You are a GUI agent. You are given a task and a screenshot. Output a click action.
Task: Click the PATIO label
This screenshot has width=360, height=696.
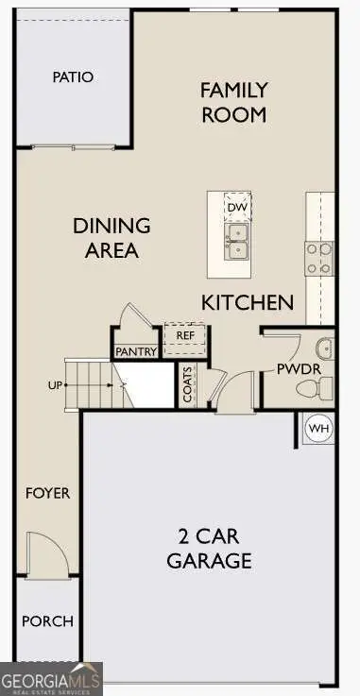click(73, 76)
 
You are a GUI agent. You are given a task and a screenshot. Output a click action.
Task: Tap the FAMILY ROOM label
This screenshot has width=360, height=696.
click(233, 103)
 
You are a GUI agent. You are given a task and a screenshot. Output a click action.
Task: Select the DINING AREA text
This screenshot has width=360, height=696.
click(112, 238)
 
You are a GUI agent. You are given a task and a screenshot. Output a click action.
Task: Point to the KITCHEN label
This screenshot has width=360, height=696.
click(247, 303)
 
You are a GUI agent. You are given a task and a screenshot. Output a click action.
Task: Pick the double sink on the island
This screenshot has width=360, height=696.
click(236, 242)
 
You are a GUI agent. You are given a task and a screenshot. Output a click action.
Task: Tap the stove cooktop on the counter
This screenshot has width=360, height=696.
click(318, 258)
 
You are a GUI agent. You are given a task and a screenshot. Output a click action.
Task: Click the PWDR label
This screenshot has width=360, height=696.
click(294, 369)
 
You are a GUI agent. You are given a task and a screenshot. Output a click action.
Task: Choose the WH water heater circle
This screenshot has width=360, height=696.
click(319, 429)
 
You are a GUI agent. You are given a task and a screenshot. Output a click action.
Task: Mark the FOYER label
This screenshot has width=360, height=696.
click(47, 493)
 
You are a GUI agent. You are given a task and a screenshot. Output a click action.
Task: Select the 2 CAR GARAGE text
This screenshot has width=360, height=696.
click(209, 549)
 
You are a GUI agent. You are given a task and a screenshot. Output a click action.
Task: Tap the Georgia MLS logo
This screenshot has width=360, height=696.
click(51, 679)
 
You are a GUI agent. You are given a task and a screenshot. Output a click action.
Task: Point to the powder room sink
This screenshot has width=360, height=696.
click(324, 346)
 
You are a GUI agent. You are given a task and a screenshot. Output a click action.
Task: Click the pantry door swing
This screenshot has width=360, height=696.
click(129, 315)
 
